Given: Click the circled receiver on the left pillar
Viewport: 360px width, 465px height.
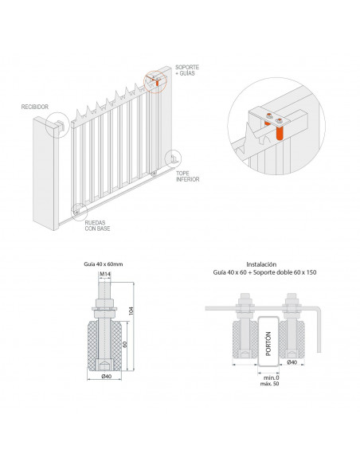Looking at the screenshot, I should tap(57, 124).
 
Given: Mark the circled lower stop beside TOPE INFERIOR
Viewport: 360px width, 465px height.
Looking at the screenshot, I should tap(170, 158).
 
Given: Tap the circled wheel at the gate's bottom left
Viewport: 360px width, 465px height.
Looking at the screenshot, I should tap(78, 211).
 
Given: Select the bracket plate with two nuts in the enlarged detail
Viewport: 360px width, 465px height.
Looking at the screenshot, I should tap(272, 118).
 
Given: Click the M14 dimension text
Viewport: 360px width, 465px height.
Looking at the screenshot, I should tap(104, 275).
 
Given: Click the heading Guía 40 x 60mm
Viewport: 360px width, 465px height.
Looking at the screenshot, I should tap(104, 262).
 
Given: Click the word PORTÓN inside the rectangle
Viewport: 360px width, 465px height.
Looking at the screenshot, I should tap(267, 342).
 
